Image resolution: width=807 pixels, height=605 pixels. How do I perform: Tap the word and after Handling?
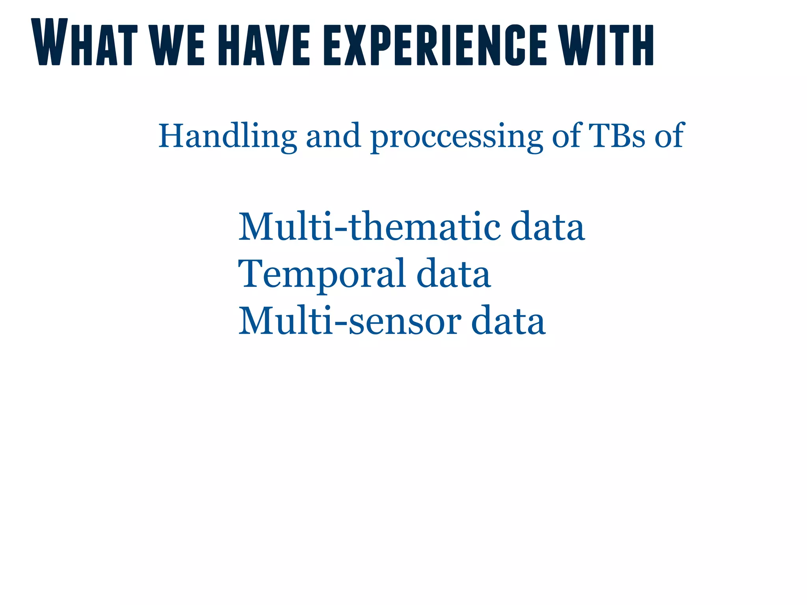pyautogui.click(x=333, y=136)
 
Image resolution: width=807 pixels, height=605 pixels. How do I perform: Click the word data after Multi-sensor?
pyautogui.click(x=508, y=321)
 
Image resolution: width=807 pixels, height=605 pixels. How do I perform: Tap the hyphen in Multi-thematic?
pyautogui.click(x=340, y=230)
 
